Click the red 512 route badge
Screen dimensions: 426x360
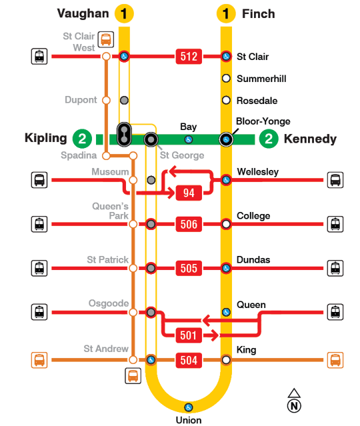(x=189, y=57)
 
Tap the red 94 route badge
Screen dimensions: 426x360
(x=189, y=193)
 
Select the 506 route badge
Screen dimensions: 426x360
(x=189, y=224)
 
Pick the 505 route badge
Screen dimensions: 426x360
(x=189, y=268)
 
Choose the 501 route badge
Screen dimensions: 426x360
(x=189, y=335)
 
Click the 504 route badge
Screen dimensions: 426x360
(x=189, y=361)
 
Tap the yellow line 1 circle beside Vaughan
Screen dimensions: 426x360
(x=124, y=13)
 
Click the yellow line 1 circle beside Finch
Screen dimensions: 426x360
(x=227, y=13)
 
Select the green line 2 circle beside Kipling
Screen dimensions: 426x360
(x=81, y=139)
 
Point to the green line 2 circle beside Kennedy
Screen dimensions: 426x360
(x=269, y=139)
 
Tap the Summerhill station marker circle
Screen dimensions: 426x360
(x=227, y=79)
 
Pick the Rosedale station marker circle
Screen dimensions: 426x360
(x=227, y=101)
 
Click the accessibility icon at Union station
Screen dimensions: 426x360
(x=188, y=407)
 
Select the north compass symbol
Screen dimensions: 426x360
(x=293, y=401)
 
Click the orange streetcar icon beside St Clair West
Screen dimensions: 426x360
(x=106, y=39)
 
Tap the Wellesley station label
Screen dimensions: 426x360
(x=257, y=172)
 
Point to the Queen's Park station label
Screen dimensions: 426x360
(x=107, y=211)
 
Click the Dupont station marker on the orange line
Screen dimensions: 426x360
(x=105, y=100)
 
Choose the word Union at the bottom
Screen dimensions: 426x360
(x=188, y=420)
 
